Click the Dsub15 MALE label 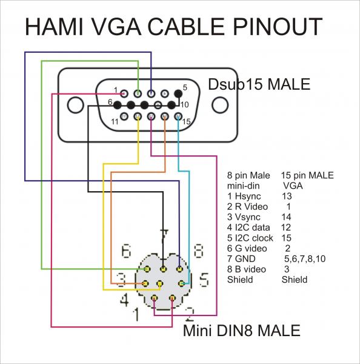point(259,83)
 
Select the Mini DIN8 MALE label point(241,331)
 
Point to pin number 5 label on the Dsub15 point(185,87)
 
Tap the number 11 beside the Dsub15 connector point(115,122)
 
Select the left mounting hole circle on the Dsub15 point(76,104)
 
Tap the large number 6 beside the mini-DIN point(126,250)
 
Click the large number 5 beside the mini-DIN point(204,280)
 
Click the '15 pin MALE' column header point(307,176)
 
